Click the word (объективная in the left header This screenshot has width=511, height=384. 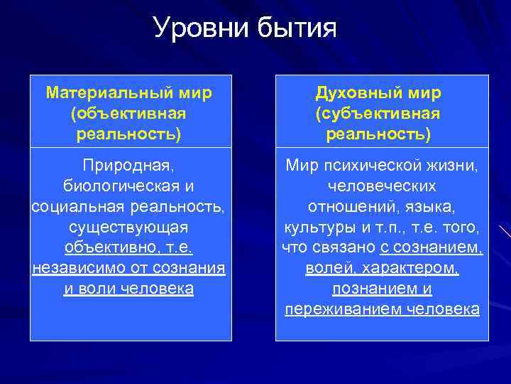click(128, 114)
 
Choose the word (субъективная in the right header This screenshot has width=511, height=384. click(378, 114)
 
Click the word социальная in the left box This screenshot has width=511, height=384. click(72, 207)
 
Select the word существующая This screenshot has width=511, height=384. click(128, 228)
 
